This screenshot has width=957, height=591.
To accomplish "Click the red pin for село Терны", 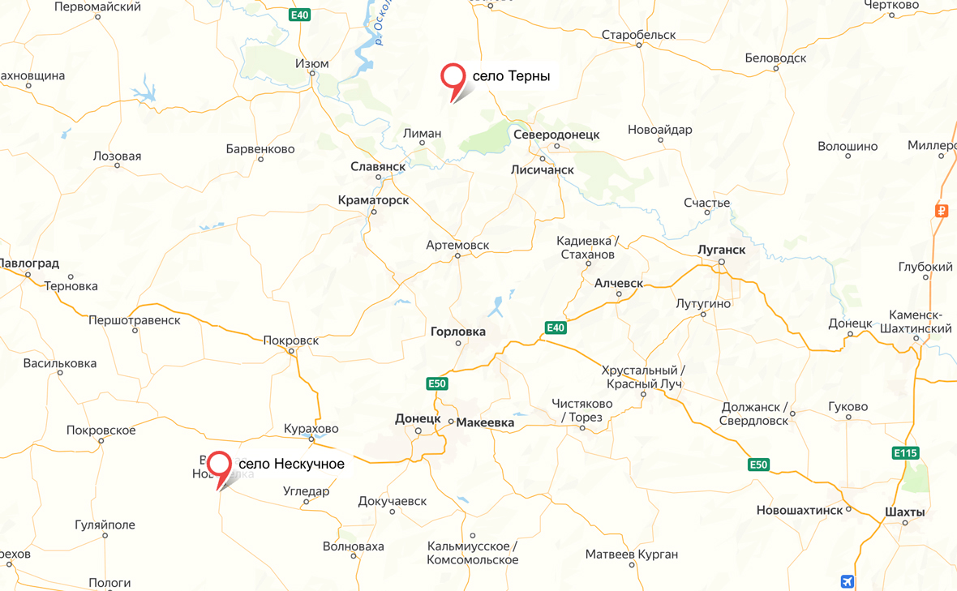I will (x=453, y=77).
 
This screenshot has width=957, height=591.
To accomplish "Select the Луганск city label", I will (x=721, y=250).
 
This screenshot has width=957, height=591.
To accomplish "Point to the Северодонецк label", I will (x=556, y=135).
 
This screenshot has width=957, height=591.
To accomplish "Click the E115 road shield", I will (x=905, y=452).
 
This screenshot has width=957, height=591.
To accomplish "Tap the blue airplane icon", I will (x=848, y=581).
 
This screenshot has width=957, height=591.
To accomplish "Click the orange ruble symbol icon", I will (x=942, y=211).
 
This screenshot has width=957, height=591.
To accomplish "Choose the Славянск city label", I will (x=378, y=166).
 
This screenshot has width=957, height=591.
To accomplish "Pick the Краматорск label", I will (x=374, y=199).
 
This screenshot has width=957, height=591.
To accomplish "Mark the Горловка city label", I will (x=458, y=331).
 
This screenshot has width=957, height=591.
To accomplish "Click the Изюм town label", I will (x=312, y=63).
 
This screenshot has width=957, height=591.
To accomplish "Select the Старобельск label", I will (x=639, y=35).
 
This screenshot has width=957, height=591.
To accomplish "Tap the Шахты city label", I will (x=905, y=512).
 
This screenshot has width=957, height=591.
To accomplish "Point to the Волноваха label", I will (x=353, y=546).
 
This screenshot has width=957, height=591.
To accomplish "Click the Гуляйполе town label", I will (x=105, y=525).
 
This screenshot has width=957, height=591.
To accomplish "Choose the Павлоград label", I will (x=29, y=263).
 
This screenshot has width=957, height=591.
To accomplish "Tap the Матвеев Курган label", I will (x=632, y=555).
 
